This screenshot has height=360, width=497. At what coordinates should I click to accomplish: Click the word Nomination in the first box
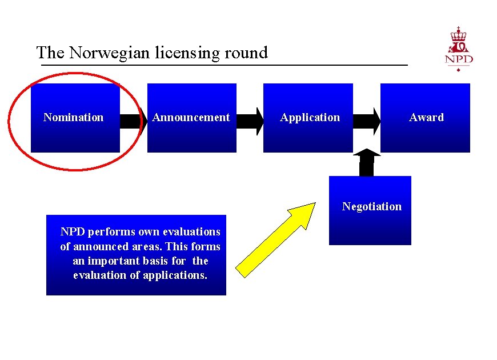[74, 118]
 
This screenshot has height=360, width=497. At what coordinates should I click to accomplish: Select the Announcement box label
[191, 118]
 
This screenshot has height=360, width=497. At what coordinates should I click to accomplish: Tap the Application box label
[310, 118]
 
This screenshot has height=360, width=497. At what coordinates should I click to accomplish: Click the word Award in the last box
[426, 118]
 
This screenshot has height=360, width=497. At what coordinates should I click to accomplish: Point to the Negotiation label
[372, 207]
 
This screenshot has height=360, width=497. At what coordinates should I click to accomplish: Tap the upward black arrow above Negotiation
[367, 162]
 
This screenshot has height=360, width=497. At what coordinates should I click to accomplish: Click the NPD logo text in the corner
[459, 59]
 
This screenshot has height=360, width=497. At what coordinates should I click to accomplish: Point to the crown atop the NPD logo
[458, 34]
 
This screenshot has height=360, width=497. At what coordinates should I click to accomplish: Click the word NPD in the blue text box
[73, 232]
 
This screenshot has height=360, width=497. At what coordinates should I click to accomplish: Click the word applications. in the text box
[179, 275]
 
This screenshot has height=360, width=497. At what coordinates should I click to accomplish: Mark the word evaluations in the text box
[191, 232]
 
